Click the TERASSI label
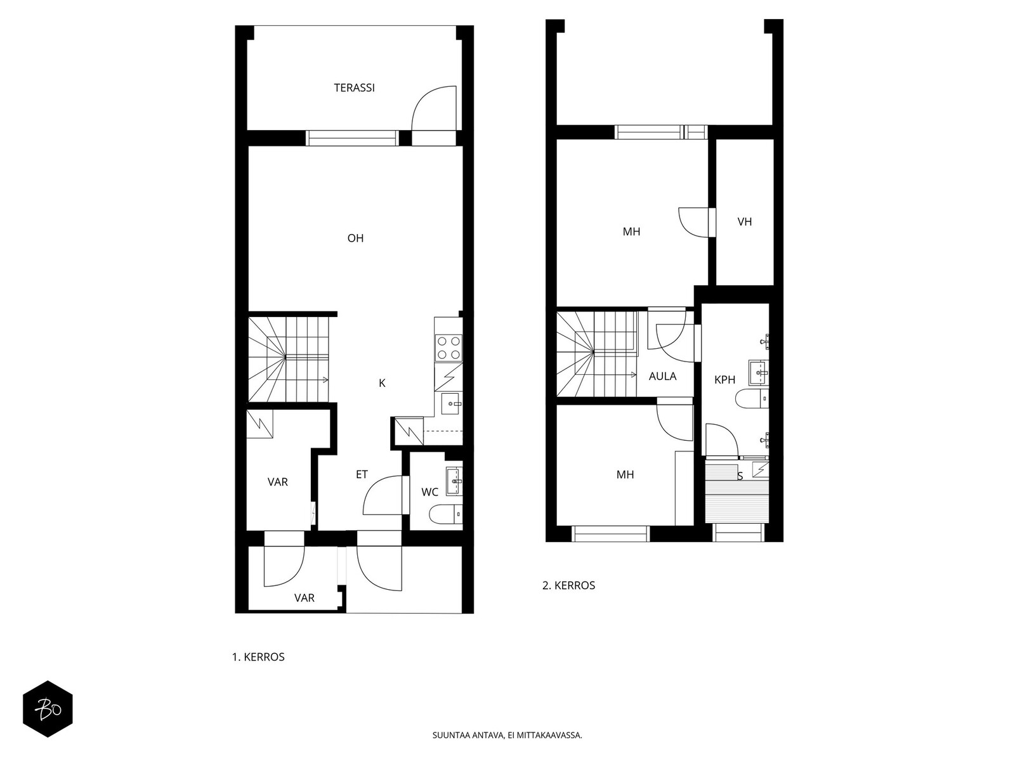pos(354,88)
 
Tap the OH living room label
pos(356,238)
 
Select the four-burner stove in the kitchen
pos(449,348)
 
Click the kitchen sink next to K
pos(451,403)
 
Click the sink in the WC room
pos(454,481)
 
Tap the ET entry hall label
pos(362,474)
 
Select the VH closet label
pos(745,222)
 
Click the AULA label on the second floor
pos(662,376)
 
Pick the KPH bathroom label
pos(724,379)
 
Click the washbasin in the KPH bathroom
pos(759,372)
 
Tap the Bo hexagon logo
pos(48,709)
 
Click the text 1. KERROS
pos(258,657)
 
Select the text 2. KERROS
pos(568,585)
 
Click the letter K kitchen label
pos(382,383)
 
